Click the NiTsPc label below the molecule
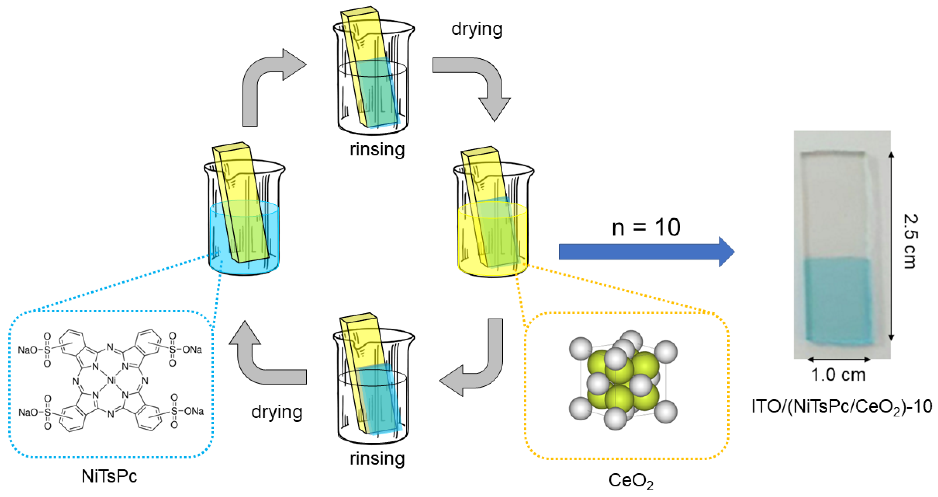109,476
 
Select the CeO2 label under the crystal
631,481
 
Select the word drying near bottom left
277,412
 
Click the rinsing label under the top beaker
377,150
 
